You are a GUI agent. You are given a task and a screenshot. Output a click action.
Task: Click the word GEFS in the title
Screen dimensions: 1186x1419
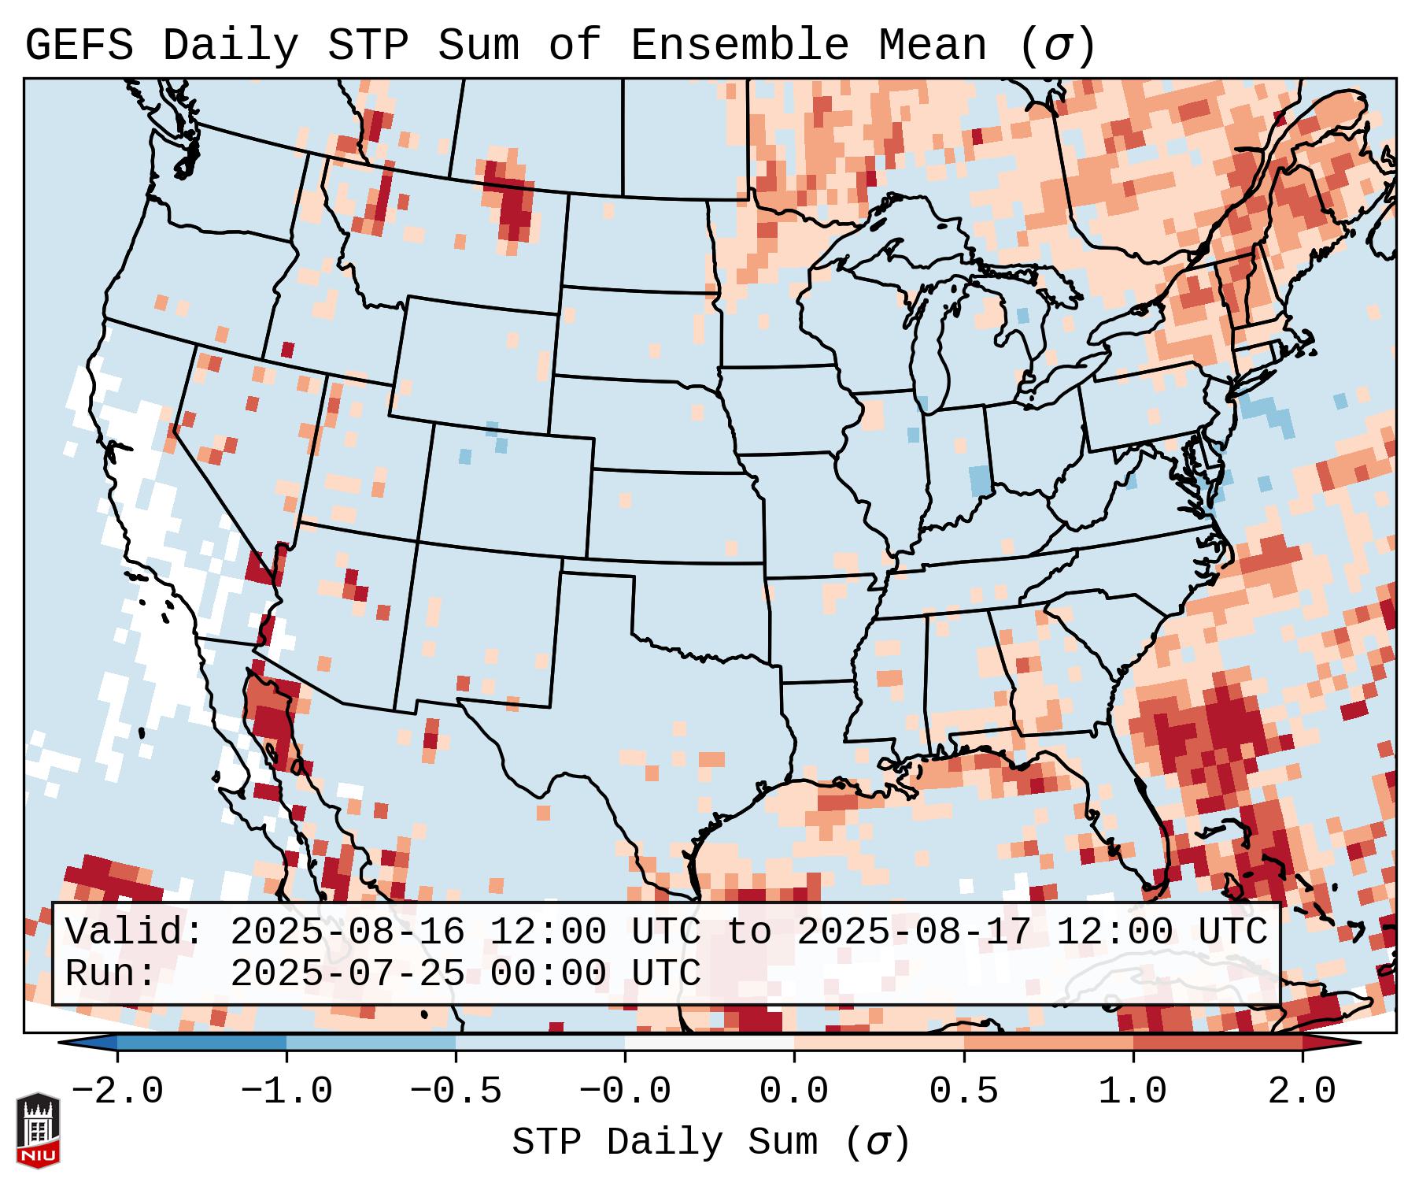79,46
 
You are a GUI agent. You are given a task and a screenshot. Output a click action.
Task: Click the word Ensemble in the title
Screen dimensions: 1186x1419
739,46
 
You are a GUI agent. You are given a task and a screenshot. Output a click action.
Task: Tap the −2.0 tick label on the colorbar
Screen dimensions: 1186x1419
117,1091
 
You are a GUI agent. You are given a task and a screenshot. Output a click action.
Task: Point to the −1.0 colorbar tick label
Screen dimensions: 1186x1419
286,1091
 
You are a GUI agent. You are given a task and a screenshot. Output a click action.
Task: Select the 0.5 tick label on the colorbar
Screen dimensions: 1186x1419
963,1091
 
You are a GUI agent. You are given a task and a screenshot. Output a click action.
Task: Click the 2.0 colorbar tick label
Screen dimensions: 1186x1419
1302,1091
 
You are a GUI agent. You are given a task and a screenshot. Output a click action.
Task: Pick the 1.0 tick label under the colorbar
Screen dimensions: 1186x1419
1133,1091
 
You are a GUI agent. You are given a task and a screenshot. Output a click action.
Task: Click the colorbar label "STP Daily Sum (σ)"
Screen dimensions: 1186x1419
711,1143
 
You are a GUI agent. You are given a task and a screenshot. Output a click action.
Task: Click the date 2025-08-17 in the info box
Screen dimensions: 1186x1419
914,932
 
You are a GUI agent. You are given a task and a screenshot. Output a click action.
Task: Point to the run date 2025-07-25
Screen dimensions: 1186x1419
347,973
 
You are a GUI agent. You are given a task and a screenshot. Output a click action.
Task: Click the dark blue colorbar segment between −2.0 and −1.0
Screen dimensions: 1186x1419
201,1043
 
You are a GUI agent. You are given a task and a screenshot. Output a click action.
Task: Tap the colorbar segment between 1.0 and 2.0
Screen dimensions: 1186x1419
1217,1043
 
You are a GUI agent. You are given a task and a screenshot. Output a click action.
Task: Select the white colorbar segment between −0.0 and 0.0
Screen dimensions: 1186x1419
709,1043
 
